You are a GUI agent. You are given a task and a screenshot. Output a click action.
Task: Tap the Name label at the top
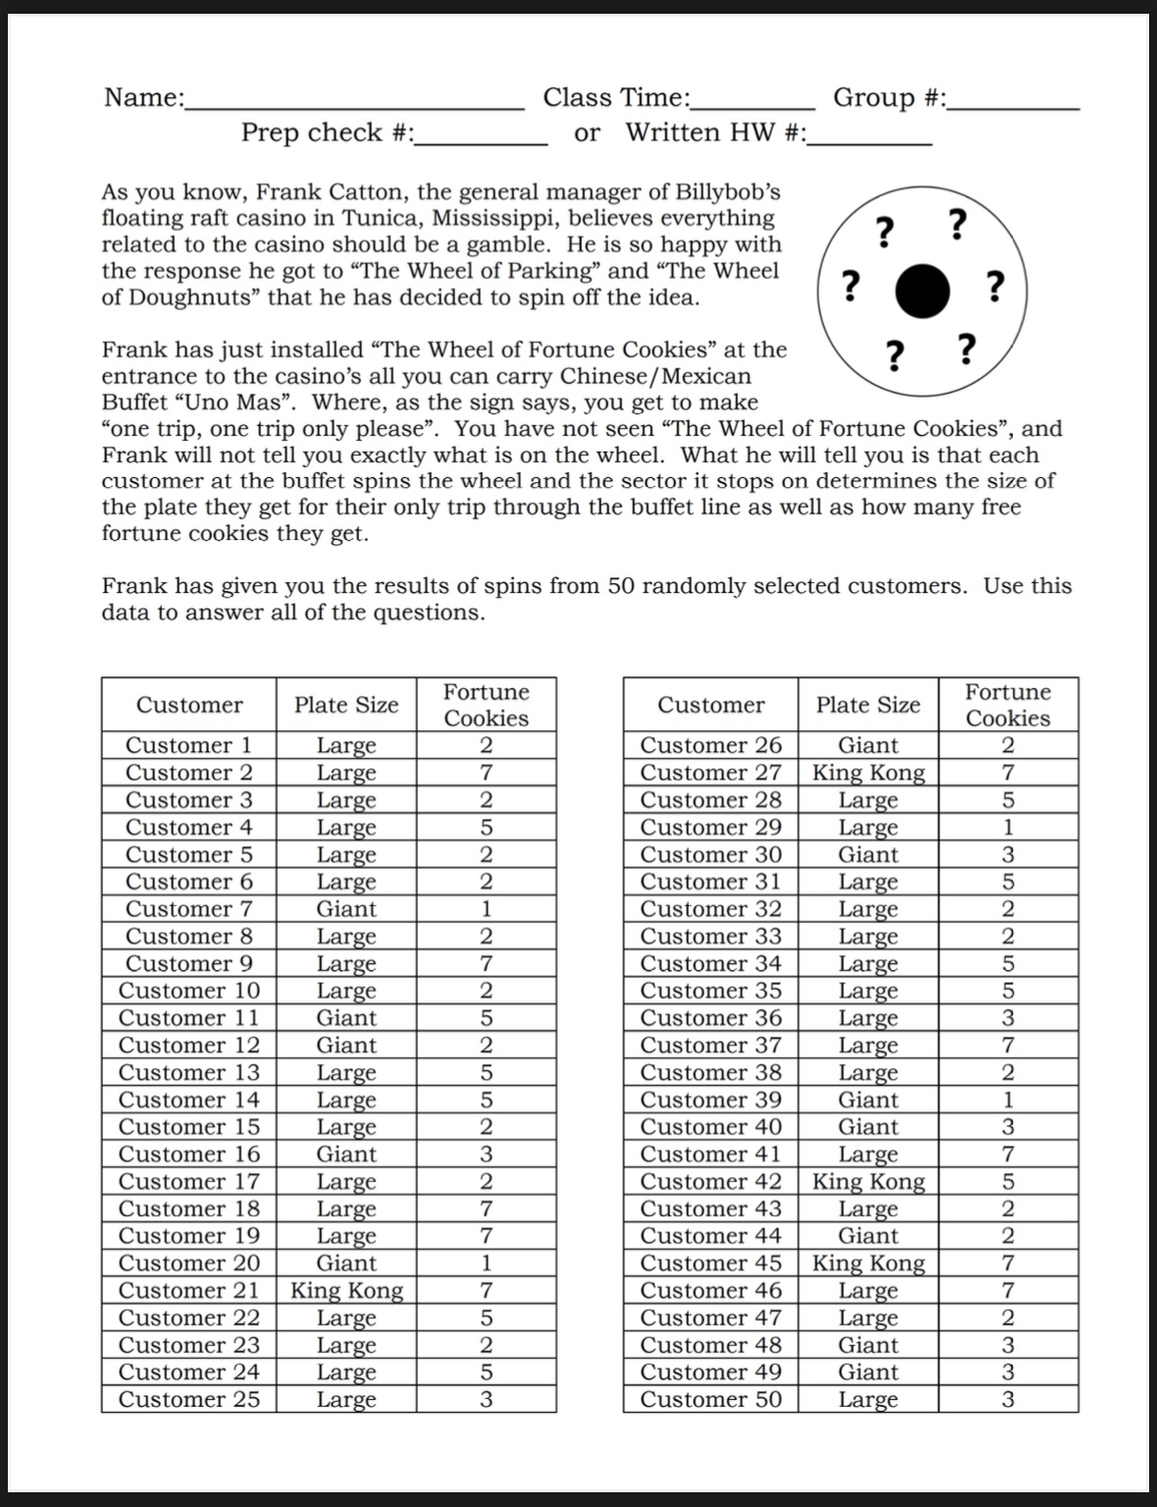click(144, 97)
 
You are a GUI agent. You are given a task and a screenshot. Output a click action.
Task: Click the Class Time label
click(616, 97)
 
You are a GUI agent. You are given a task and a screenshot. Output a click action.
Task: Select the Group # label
click(889, 97)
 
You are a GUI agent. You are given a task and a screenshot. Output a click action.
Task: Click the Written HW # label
click(715, 133)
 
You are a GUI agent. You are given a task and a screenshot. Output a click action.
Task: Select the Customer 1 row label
click(188, 745)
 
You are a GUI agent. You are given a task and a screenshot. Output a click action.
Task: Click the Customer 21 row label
click(188, 1290)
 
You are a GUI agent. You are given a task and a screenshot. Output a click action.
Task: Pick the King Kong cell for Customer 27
click(868, 773)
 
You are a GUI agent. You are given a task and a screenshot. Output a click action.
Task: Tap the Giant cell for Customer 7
click(346, 909)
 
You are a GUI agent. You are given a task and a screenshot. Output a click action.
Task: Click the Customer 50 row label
click(710, 1399)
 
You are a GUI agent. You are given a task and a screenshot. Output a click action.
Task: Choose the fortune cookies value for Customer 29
click(1008, 827)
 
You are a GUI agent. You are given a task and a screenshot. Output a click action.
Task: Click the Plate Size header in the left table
click(346, 705)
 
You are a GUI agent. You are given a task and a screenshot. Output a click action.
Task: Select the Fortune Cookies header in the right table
click(1008, 705)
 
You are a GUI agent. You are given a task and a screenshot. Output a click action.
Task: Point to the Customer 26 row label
click(710, 745)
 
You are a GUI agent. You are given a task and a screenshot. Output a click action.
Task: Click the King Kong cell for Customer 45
click(868, 1263)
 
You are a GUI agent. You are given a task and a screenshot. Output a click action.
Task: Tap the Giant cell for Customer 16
click(346, 1154)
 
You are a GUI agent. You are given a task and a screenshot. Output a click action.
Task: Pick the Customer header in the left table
click(188, 705)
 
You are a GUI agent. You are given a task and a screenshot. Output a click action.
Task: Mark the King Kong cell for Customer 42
click(868, 1181)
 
